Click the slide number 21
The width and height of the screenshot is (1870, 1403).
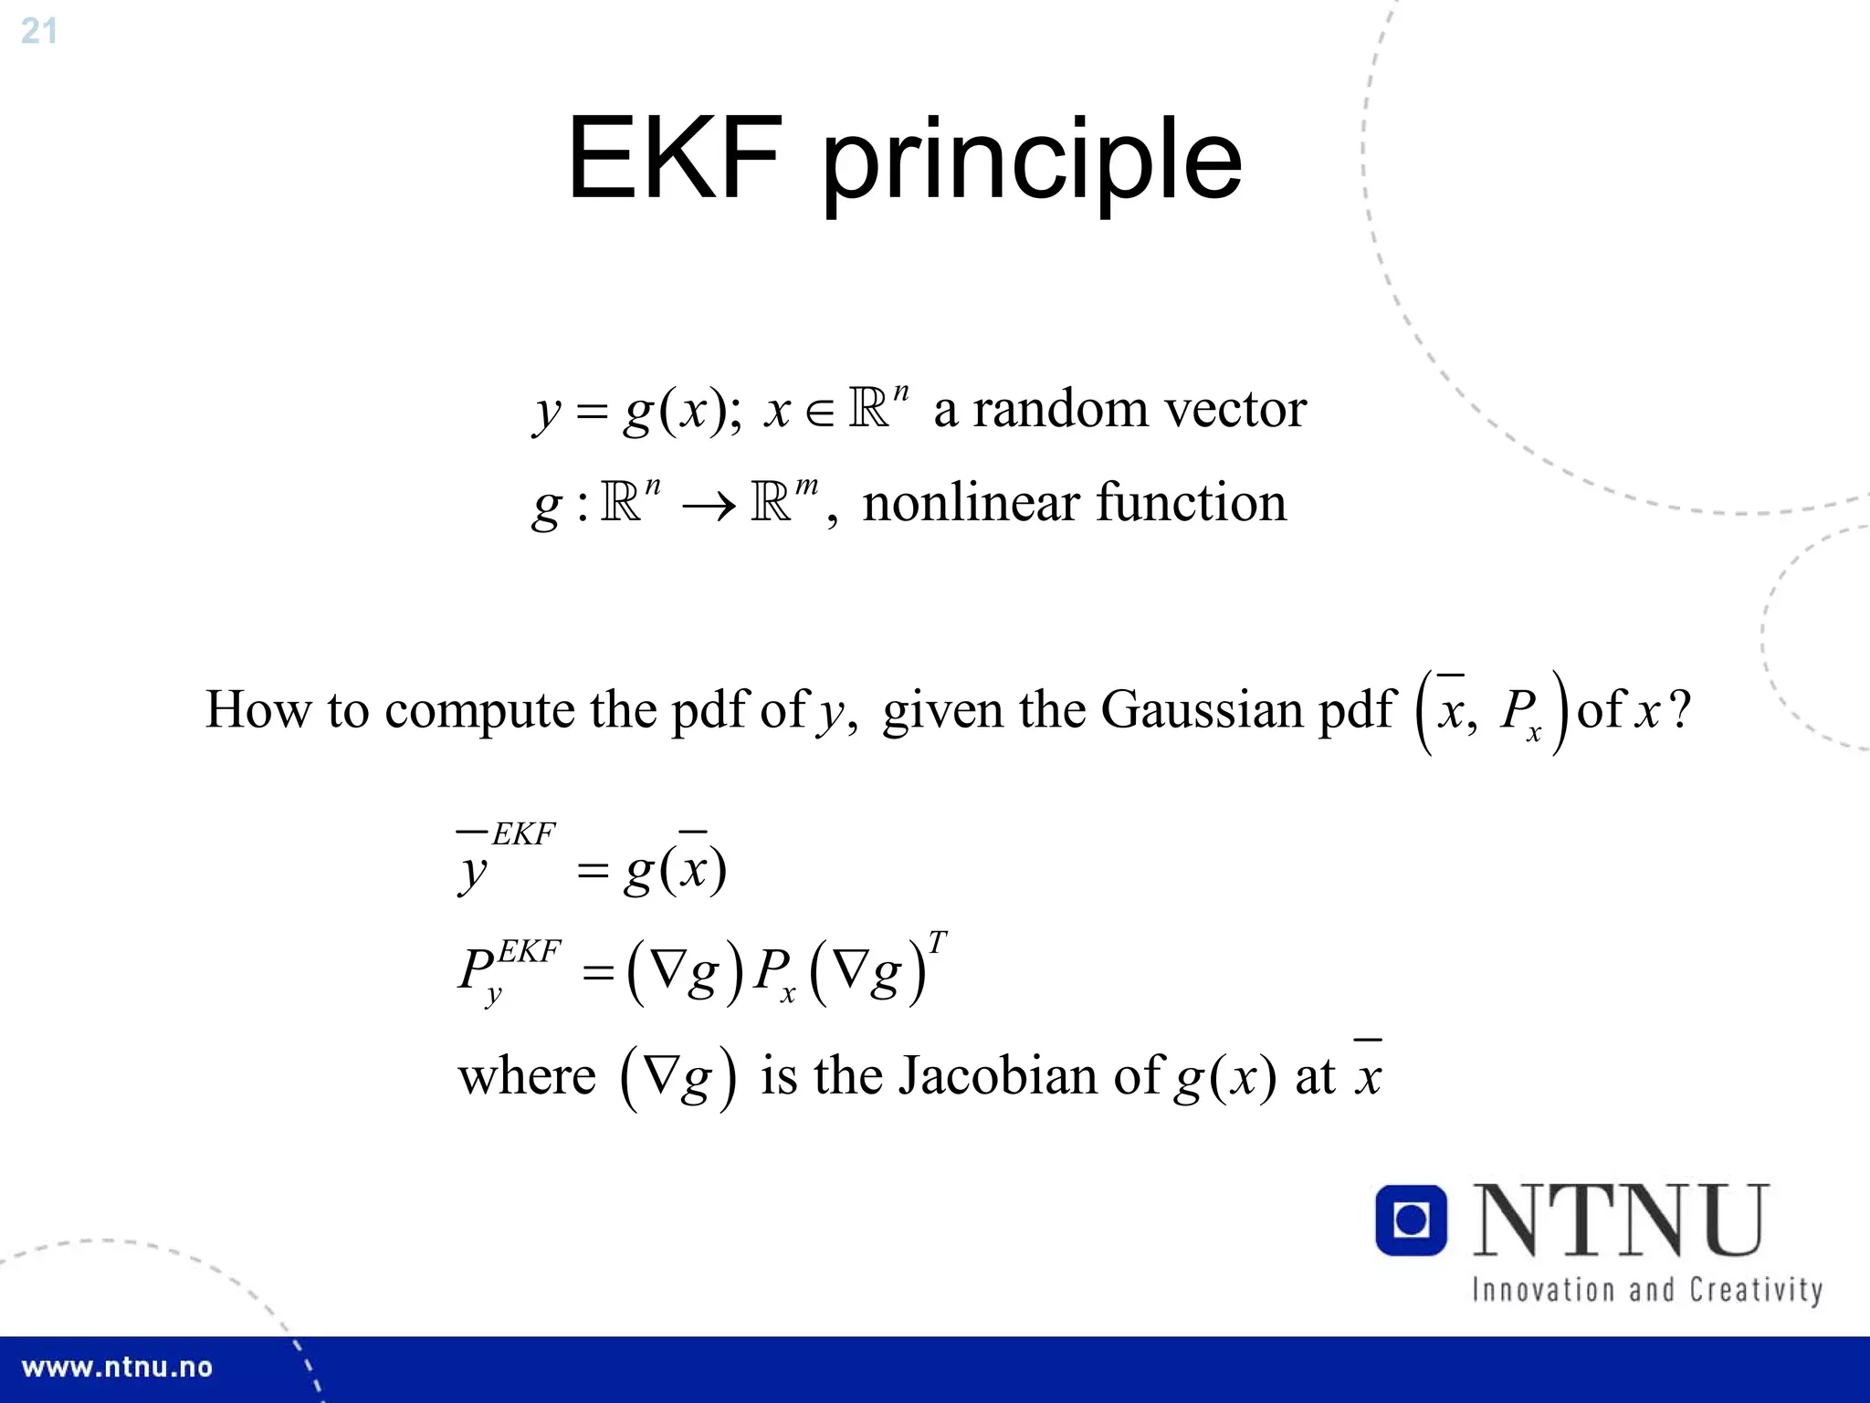[x=38, y=31]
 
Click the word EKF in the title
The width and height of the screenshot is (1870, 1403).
[x=674, y=159]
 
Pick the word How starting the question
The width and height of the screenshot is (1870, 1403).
[x=257, y=709]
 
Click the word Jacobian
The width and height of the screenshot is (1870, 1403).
[x=999, y=1075]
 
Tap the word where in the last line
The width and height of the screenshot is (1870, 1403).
[x=527, y=1076]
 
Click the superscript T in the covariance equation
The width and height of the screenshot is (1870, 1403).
[x=937, y=942]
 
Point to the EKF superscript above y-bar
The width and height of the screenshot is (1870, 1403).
[x=523, y=834]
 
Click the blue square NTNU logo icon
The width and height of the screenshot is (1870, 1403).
[x=1411, y=1220]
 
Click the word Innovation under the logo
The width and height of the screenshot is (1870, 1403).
[x=1542, y=1290]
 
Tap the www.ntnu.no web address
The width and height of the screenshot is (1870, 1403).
[x=117, y=1367]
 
